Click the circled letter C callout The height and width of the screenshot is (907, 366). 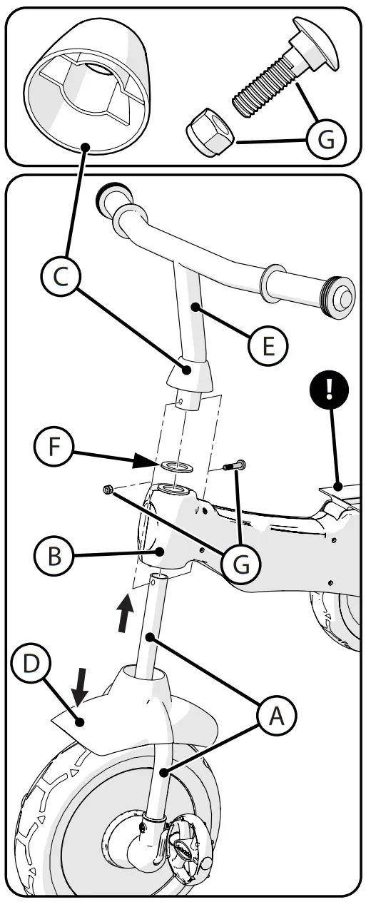[x=61, y=278]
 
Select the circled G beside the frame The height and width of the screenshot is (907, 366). [x=243, y=563]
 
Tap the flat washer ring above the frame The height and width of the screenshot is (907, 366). [x=173, y=465]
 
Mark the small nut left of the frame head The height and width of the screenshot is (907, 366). [x=108, y=489]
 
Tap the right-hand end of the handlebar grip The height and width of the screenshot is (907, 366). [x=340, y=293]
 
